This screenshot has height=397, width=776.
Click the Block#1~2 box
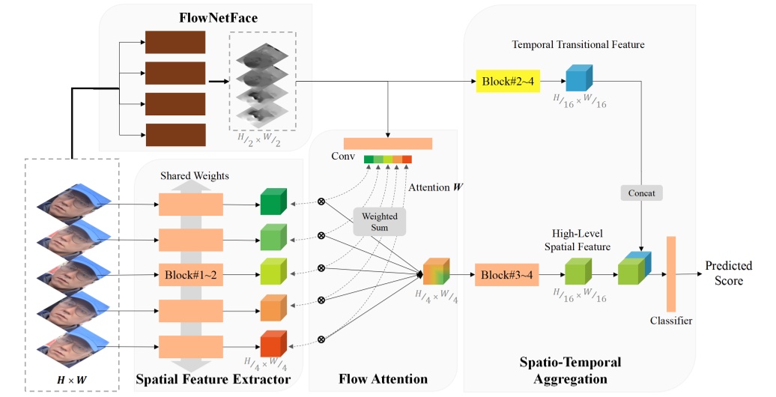190,274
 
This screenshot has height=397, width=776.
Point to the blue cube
578,79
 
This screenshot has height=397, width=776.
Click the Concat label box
641,193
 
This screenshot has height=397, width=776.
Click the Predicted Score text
728,273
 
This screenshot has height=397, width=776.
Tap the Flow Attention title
383,380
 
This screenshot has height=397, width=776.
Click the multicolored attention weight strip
387,159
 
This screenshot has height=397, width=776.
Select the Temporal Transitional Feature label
578,45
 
